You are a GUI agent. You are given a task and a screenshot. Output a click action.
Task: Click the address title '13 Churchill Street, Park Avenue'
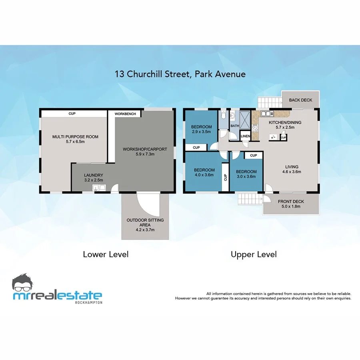(x=180, y=74)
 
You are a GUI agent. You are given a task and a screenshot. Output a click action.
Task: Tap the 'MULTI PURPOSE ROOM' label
(x=75, y=137)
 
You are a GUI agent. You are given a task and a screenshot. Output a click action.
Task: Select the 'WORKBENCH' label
(x=125, y=114)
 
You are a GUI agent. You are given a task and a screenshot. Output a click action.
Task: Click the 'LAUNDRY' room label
(x=94, y=175)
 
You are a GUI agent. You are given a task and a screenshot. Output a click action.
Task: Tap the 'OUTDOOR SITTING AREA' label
(x=145, y=222)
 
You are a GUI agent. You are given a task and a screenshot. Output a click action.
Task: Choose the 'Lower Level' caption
(x=106, y=254)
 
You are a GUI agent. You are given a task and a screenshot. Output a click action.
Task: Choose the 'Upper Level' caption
(x=254, y=254)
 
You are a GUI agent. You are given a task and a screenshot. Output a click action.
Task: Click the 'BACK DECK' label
(x=300, y=100)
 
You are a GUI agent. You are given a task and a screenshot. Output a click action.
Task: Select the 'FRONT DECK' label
(x=291, y=202)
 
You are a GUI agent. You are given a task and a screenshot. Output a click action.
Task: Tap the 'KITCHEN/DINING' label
(x=285, y=122)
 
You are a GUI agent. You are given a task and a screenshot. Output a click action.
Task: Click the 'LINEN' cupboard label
(x=245, y=136)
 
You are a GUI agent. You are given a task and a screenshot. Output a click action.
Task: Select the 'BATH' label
(x=234, y=126)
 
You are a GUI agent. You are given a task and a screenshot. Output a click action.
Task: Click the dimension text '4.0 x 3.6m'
(x=204, y=174)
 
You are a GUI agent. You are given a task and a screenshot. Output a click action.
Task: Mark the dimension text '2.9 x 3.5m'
(x=201, y=132)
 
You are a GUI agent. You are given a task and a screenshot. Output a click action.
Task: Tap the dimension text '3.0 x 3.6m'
(x=246, y=176)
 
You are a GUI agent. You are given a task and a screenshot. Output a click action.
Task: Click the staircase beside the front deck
(x=248, y=199)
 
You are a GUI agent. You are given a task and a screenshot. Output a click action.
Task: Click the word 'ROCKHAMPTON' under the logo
(x=88, y=302)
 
